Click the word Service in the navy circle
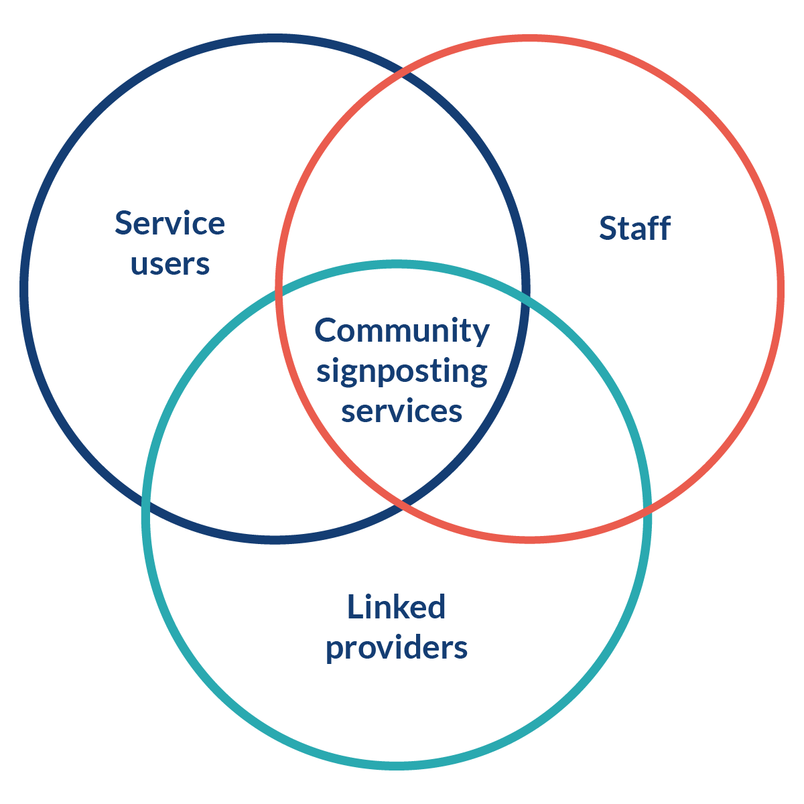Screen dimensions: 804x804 (x=170, y=223)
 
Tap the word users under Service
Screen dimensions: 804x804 (x=170, y=263)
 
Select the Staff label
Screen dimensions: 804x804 (x=634, y=228)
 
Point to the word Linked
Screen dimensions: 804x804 (x=396, y=607)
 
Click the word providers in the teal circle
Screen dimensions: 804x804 (x=396, y=648)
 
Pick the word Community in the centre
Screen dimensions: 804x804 (x=402, y=331)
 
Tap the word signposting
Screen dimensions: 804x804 (x=402, y=371)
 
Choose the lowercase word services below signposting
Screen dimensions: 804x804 (x=401, y=411)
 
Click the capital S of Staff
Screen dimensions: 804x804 (x=608, y=228)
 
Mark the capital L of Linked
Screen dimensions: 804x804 (x=353, y=607)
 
